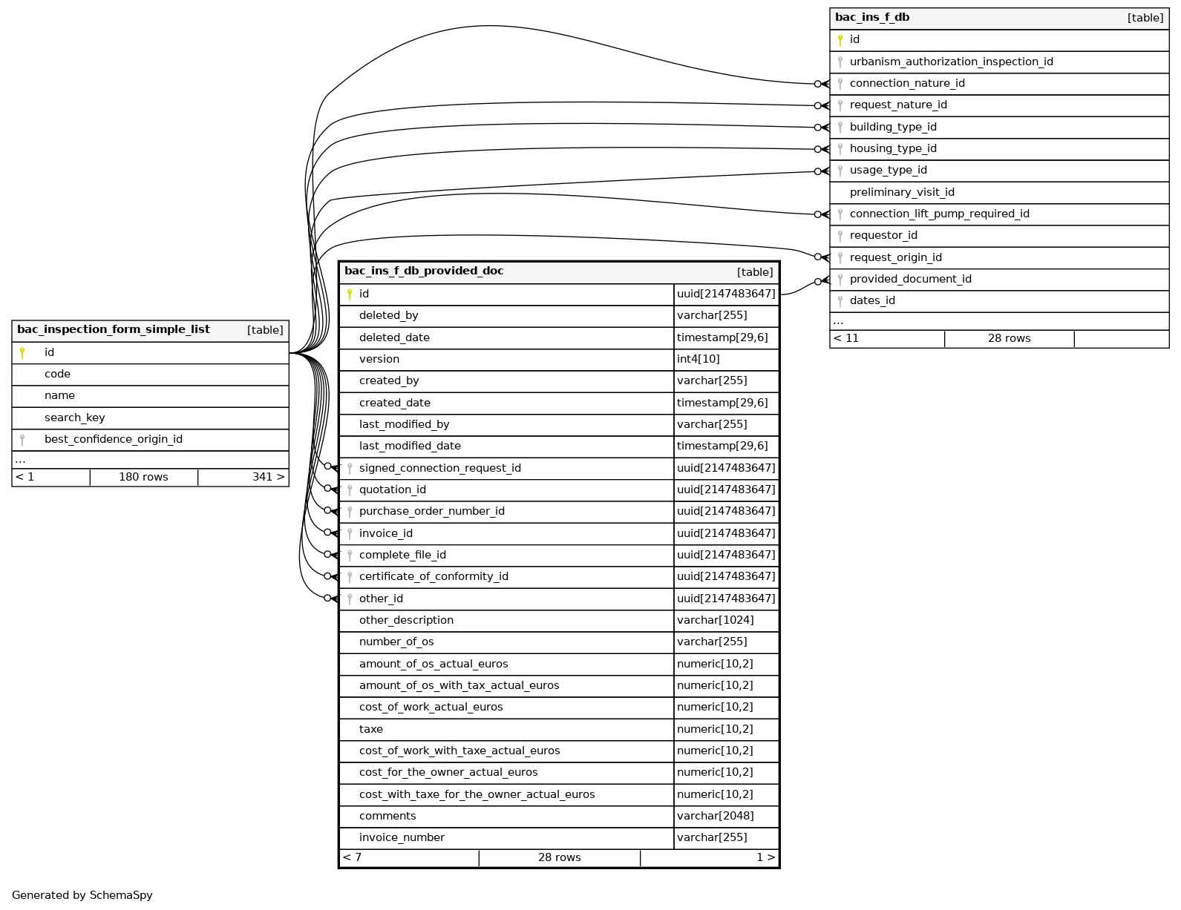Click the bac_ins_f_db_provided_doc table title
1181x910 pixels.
[x=424, y=271]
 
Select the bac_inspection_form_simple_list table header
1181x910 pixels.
[x=114, y=330]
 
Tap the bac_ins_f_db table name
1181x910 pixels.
[x=872, y=18]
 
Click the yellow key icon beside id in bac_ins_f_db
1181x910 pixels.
[x=840, y=40]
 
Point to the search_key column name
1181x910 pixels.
[x=75, y=418]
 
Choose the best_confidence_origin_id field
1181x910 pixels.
[x=114, y=440]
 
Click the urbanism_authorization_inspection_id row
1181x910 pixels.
[x=951, y=62]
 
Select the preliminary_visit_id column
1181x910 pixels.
[x=902, y=193]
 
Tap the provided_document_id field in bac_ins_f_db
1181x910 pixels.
[x=910, y=280]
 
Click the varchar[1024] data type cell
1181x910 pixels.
[x=715, y=621]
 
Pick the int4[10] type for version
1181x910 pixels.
[x=699, y=360]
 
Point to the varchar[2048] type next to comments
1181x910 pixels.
[x=715, y=817]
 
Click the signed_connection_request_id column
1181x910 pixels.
[x=439, y=469]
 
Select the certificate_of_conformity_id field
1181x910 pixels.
[x=434, y=577]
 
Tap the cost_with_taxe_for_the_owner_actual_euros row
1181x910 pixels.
[x=477, y=795]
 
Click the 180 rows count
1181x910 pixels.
[x=143, y=478]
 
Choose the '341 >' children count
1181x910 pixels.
[x=268, y=478]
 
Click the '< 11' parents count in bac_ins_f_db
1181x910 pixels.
[x=846, y=339]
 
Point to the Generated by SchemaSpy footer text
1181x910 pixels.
[x=82, y=896]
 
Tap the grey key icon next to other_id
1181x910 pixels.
[x=350, y=599]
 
